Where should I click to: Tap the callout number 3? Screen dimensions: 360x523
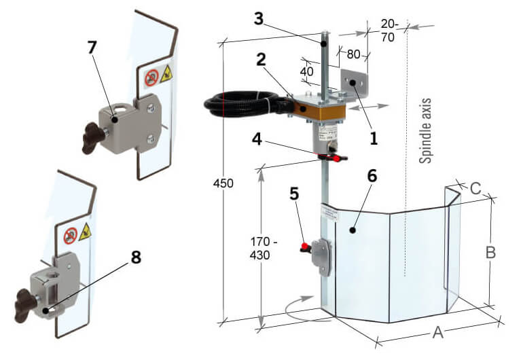(258, 18)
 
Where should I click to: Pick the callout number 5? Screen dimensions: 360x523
(294, 193)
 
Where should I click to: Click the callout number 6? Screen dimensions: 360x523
(372, 176)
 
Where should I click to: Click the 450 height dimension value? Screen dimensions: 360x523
(223, 183)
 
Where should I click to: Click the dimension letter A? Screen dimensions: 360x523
(438, 332)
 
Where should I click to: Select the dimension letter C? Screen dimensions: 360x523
(476, 187)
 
